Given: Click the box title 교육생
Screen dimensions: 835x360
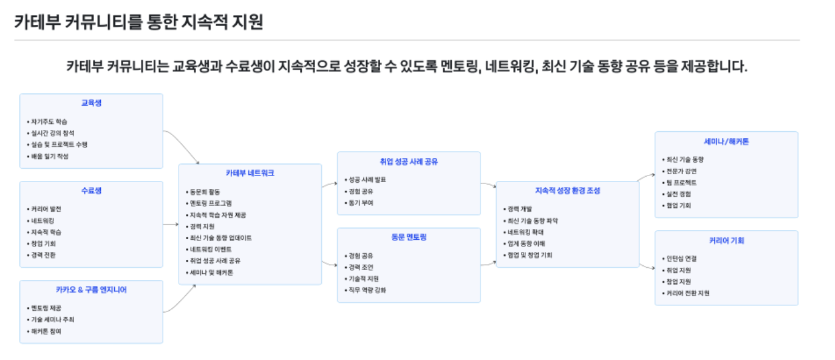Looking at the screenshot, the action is [91, 103].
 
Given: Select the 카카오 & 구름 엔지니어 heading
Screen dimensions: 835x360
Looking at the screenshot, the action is [91, 290].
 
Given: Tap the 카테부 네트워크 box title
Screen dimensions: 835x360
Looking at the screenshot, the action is [250, 173].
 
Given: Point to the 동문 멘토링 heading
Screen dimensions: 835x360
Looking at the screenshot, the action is [409, 237].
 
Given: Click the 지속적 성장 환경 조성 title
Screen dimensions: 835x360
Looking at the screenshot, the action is [567, 190].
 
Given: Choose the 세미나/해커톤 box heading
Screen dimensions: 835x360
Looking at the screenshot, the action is [726, 141].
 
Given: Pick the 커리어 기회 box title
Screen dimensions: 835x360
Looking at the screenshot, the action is [726, 240].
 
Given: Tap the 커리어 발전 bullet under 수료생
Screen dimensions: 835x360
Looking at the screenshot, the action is [46, 209].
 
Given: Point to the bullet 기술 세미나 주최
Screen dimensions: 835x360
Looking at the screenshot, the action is [52, 319].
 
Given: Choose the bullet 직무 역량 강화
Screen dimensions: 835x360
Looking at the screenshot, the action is [367, 290].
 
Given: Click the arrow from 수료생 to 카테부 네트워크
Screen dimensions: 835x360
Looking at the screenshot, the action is [171, 225].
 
